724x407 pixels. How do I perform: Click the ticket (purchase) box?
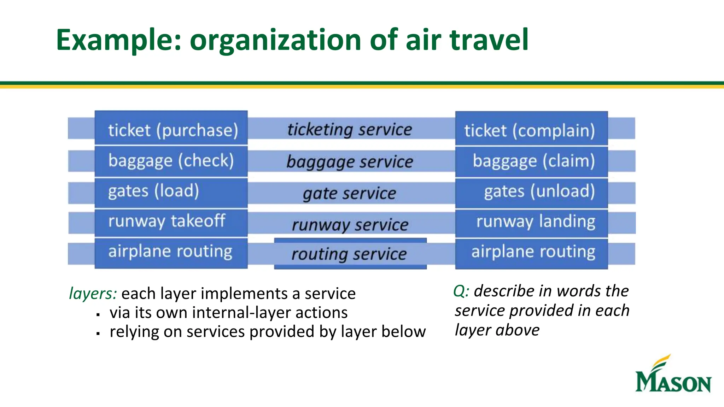click(171, 128)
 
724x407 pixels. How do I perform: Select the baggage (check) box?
click(171, 161)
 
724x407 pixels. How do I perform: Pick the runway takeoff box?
click(171, 222)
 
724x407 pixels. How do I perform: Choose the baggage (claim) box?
click(531, 161)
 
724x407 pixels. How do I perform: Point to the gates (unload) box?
click(531, 193)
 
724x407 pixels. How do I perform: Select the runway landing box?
click(531, 223)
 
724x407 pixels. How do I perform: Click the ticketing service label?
click(350, 129)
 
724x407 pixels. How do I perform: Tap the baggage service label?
click(350, 162)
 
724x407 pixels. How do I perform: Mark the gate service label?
click(350, 194)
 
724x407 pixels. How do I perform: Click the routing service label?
click(350, 254)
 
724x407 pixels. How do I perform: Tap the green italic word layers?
click(93, 294)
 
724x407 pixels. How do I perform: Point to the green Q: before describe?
click(461, 291)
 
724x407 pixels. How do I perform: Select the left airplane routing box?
click(171, 252)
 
